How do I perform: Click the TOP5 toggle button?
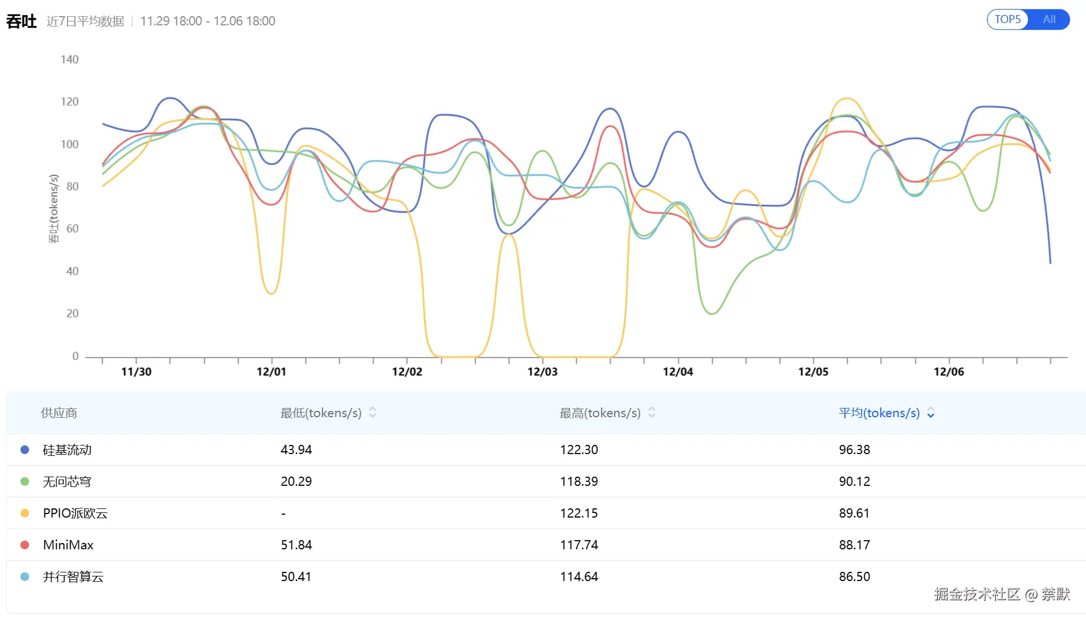(1008, 20)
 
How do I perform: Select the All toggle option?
(1049, 20)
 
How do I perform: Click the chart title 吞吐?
(21, 21)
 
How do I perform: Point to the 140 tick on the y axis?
(69, 59)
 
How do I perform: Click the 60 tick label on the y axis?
(72, 229)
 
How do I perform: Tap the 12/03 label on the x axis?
(542, 372)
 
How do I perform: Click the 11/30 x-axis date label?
(136, 372)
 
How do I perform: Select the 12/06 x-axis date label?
(949, 372)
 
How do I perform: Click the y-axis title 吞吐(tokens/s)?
(54, 208)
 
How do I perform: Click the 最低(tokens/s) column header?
(321, 413)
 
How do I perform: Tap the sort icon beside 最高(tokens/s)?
(652, 413)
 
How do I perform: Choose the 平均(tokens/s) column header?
(879, 413)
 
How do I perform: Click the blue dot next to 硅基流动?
(25, 450)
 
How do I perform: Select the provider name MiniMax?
(68, 545)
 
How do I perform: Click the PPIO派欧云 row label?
(75, 513)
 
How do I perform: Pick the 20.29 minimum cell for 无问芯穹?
(296, 481)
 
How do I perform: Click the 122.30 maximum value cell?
(578, 450)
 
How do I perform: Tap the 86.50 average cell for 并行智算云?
(854, 576)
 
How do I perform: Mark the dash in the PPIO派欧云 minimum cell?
(283, 513)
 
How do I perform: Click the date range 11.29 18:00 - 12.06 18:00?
(208, 21)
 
